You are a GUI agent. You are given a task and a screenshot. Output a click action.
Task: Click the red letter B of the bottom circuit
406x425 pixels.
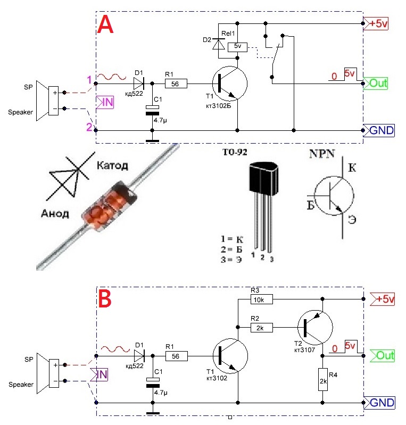tap(105, 299)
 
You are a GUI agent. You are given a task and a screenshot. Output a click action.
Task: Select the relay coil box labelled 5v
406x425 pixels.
tap(237, 47)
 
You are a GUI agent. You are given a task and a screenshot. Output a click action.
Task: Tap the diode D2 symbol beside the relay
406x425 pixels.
tap(219, 44)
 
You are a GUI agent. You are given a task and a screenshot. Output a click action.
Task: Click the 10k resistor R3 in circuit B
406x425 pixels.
tap(261, 299)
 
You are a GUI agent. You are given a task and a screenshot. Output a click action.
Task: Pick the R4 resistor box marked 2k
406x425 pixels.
tap(323, 379)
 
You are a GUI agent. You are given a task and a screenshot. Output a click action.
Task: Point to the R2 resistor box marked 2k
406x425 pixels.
tap(261, 328)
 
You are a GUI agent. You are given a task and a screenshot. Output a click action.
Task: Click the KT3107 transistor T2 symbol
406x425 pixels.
tap(315, 328)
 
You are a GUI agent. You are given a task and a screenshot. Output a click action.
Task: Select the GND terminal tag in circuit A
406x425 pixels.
tap(379, 130)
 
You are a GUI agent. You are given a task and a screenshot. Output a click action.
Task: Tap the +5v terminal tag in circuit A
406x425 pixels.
tap(376, 23)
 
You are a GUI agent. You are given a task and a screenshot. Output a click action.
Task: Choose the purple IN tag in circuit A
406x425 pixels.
tap(105, 102)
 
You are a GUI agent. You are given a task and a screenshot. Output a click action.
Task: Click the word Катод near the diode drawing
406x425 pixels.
tap(112, 165)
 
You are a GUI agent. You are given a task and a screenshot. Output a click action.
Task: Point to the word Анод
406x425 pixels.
tap(55, 214)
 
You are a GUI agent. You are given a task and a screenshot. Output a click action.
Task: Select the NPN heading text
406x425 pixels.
tap(322, 154)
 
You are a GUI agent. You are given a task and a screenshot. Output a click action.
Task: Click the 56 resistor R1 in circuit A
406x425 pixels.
tap(176, 84)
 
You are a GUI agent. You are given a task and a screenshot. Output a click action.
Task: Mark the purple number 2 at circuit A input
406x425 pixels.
tap(89, 127)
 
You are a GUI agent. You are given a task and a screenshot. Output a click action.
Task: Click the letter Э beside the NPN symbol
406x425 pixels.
tap(352, 220)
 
